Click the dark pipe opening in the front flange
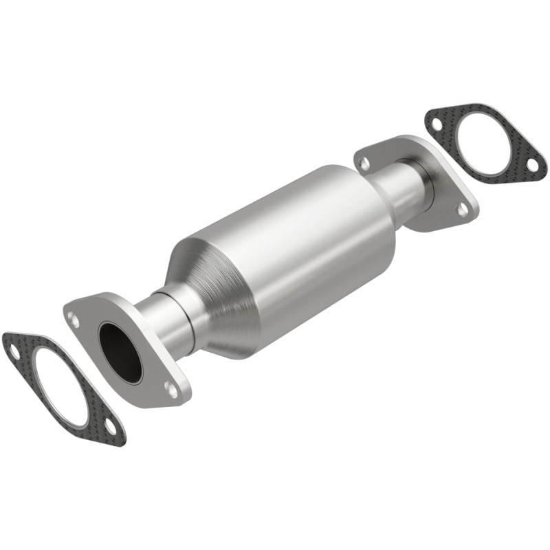[120, 351]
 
